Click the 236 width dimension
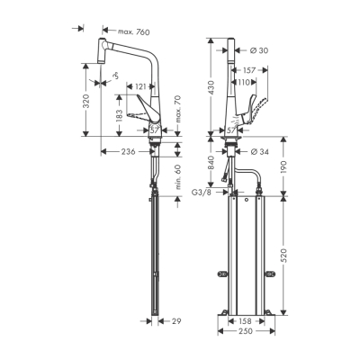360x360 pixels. [127, 151]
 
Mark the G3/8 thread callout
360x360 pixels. [202, 192]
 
